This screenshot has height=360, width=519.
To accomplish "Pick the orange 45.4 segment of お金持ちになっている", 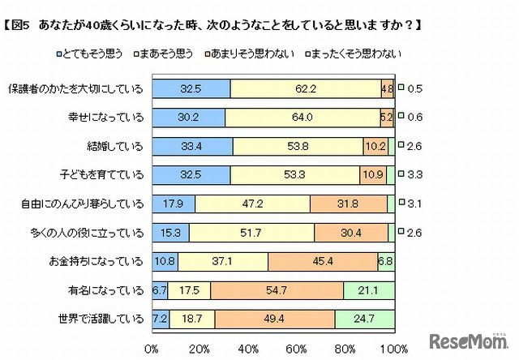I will pyautogui.click(x=323, y=259).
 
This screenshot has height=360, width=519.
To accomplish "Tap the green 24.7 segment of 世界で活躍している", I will pyautogui.click(x=364, y=317).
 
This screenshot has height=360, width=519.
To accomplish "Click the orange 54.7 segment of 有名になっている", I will pyautogui.click(x=277, y=288).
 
